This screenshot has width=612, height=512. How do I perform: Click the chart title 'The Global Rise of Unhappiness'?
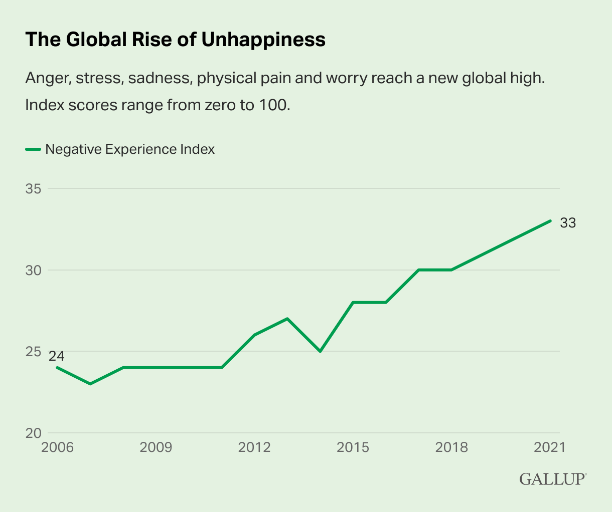click(x=175, y=39)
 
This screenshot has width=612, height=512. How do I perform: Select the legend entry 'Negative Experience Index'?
click(x=129, y=149)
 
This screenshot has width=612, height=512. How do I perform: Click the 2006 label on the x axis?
click(x=57, y=447)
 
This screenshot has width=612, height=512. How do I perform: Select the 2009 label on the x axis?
click(x=156, y=447)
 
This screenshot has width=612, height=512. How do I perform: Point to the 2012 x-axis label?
click(x=254, y=447)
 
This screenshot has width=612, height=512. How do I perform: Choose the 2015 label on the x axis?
click(x=353, y=447)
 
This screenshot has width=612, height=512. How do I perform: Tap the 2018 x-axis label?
click(x=451, y=447)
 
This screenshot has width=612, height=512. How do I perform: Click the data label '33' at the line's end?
click(x=568, y=223)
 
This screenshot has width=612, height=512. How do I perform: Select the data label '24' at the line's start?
click(x=57, y=356)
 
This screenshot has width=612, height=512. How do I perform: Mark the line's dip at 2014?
click(x=320, y=351)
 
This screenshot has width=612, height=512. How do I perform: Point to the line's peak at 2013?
click(x=287, y=319)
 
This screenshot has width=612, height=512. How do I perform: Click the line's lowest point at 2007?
click(x=90, y=384)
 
